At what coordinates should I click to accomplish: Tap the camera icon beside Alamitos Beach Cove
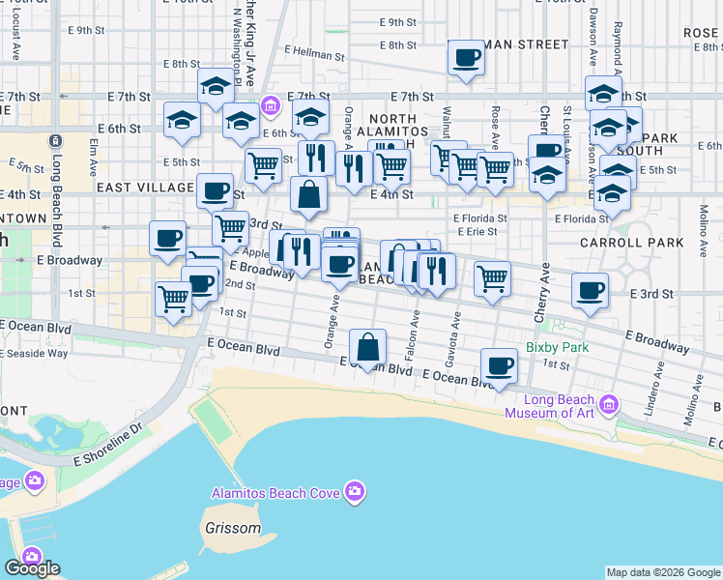point(355,493)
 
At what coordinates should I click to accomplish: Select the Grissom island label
point(232,529)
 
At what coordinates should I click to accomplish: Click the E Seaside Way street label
point(34,353)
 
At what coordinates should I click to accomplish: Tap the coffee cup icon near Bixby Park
point(499,366)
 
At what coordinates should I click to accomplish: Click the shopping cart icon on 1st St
point(173,299)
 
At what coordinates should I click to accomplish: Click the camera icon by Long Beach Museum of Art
point(607,403)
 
